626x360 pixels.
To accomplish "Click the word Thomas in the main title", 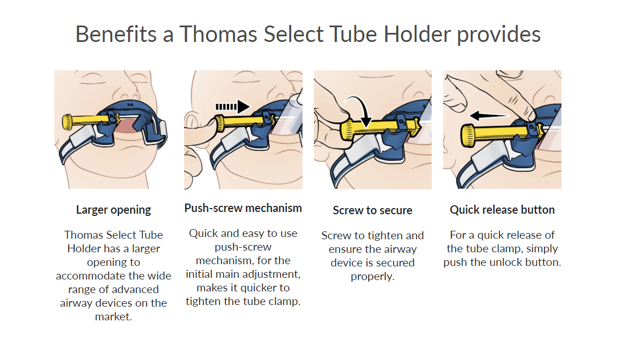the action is pyautogui.click(x=218, y=34).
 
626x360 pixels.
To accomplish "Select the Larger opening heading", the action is pyautogui.click(x=113, y=210).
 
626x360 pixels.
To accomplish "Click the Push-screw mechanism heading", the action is pyautogui.click(x=243, y=208).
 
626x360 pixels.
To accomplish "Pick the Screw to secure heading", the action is pyautogui.click(x=373, y=210).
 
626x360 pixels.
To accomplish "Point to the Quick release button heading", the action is pyautogui.click(x=502, y=210).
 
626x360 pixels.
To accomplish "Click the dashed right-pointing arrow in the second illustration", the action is pyautogui.click(x=233, y=107).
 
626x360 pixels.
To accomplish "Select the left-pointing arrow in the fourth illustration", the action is pyautogui.click(x=489, y=116).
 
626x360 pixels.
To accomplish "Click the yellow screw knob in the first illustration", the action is pyautogui.click(x=67, y=122).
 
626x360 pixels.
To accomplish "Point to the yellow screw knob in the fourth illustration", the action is pyautogui.click(x=468, y=135).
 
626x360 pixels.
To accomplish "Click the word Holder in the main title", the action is pyautogui.click(x=417, y=34).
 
